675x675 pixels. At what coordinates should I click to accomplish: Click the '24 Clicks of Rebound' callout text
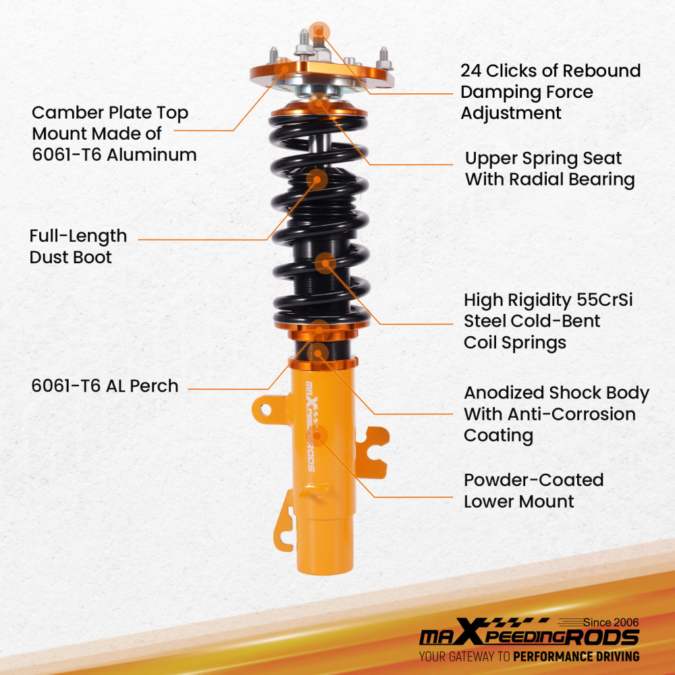point(550,71)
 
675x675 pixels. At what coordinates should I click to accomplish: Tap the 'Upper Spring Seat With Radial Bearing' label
point(549,169)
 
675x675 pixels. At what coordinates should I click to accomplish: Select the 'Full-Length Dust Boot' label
point(78,246)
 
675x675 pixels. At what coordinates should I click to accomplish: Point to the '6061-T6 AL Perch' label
point(105,386)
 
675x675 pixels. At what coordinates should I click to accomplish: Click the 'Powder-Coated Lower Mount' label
point(533,491)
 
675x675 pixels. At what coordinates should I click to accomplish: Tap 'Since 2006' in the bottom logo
point(610,622)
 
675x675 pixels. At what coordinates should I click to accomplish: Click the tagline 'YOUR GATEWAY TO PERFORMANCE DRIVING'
point(529,656)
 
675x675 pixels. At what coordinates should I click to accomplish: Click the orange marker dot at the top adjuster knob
point(319,30)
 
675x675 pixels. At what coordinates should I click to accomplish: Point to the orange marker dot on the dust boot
point(318,179)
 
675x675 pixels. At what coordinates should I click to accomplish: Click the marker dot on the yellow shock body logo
point(317,434)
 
